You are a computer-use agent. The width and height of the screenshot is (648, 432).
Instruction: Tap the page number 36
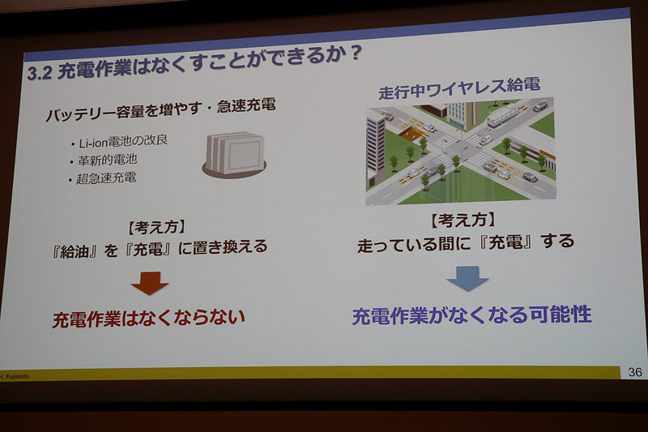coord(634,371)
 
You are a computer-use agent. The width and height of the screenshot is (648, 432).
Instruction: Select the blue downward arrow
coord(467,278)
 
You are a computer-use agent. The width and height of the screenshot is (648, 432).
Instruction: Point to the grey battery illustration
coord(234,155)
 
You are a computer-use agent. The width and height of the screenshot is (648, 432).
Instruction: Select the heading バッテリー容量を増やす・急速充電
coord(160,108)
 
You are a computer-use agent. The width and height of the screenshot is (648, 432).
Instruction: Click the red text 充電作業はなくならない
coord(149,319)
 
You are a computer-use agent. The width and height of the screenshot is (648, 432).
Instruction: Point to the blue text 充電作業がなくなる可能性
coord(471,315)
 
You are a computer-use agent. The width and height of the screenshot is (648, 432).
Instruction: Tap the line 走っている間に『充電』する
coord(465,242)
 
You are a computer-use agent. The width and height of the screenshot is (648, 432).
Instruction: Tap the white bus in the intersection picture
coord(503,115)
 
